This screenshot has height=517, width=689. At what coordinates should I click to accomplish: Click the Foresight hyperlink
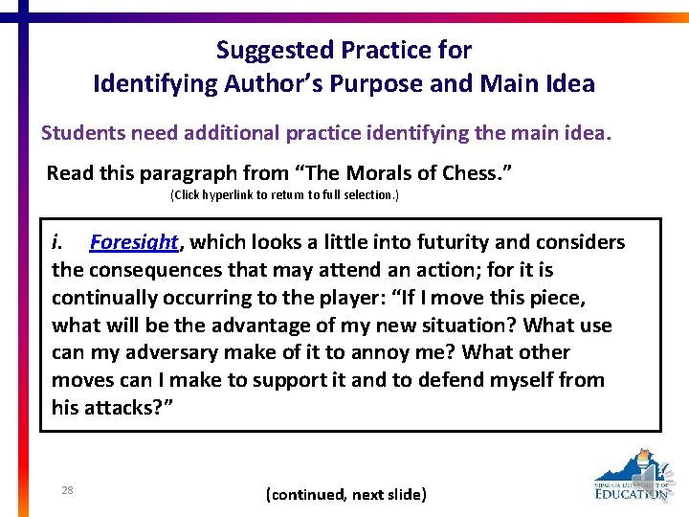pyautogui.click(x=134, y=243)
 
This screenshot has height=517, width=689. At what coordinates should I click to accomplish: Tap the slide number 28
pyautogui.click(x=67, y=490)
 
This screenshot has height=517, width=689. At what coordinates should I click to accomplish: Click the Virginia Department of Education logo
pyautogui.click(x=631, y=475)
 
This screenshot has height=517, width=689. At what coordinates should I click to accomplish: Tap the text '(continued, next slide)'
pyautogui.click(x=345, y=495)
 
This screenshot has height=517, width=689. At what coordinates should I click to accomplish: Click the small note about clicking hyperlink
pyautogui.click(x=284, y=195)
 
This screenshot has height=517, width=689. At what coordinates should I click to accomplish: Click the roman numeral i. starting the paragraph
pyautogui.click(x=58, y=243)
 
